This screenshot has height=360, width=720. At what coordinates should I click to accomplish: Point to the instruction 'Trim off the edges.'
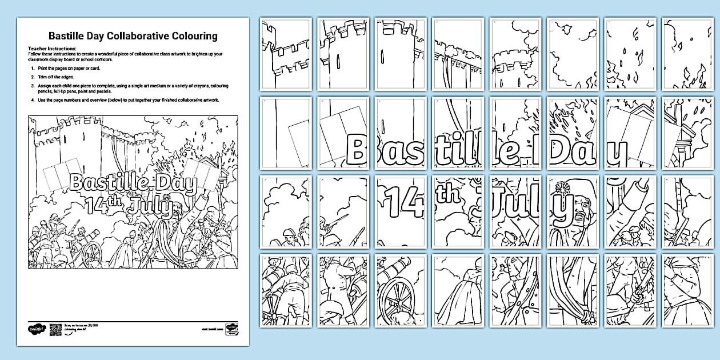[61, 76]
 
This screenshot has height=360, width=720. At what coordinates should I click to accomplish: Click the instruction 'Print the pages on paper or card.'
[75, 68]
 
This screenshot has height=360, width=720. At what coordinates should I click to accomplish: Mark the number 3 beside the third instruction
[33, 85]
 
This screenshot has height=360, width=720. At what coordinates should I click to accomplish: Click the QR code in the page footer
[55, 329]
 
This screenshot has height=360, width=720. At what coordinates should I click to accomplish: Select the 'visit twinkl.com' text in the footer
[211, 330]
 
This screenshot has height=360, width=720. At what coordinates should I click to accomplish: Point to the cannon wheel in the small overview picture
[92, 255]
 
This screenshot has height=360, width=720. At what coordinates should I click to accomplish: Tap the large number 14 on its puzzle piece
[401, 203]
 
